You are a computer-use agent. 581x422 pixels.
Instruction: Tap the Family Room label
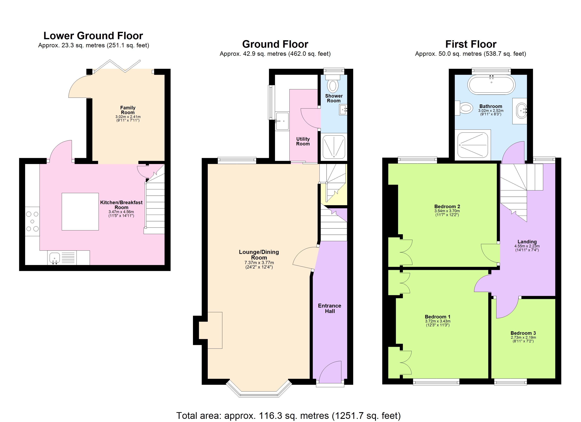pos(128,110)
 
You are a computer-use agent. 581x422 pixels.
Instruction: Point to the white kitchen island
pos(80,212)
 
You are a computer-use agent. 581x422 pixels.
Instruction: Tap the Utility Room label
pos(303,141)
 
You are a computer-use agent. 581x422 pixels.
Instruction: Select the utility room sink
pos(282,121)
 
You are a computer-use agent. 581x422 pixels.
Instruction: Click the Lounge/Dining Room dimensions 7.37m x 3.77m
pos(259,263)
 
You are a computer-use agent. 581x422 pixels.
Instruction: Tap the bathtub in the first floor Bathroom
pos(491,85)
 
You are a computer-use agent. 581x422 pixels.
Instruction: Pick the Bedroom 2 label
pos(447,207)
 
